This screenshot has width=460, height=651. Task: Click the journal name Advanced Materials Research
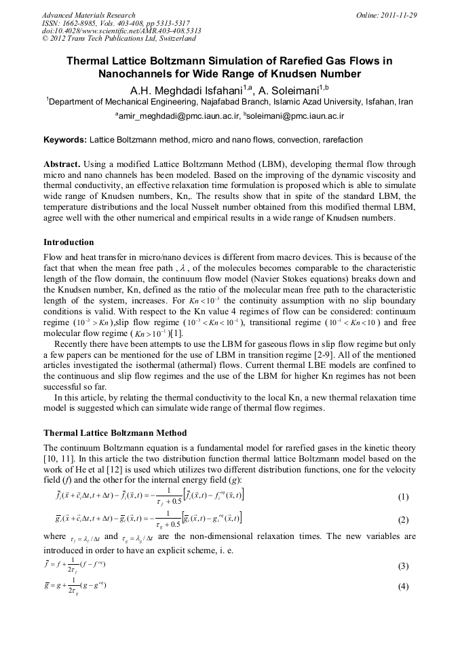tap(88, 14)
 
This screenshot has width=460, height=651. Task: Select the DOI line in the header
tap(111, 31)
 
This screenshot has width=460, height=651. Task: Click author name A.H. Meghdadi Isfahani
tap(178, 89)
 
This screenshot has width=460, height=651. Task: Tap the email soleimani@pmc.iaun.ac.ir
tap(294, 116)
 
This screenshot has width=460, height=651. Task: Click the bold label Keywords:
tap(64, 140)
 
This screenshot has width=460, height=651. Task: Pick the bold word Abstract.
tap(62, 165)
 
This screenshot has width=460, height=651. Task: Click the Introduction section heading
tap(69, 242)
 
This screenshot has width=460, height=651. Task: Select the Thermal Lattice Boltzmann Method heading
tap(115, 432)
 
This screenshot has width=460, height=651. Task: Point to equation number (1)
tap(403, 497)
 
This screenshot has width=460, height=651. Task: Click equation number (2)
tap(403, 521)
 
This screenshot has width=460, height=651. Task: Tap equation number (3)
tap(403, 565)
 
